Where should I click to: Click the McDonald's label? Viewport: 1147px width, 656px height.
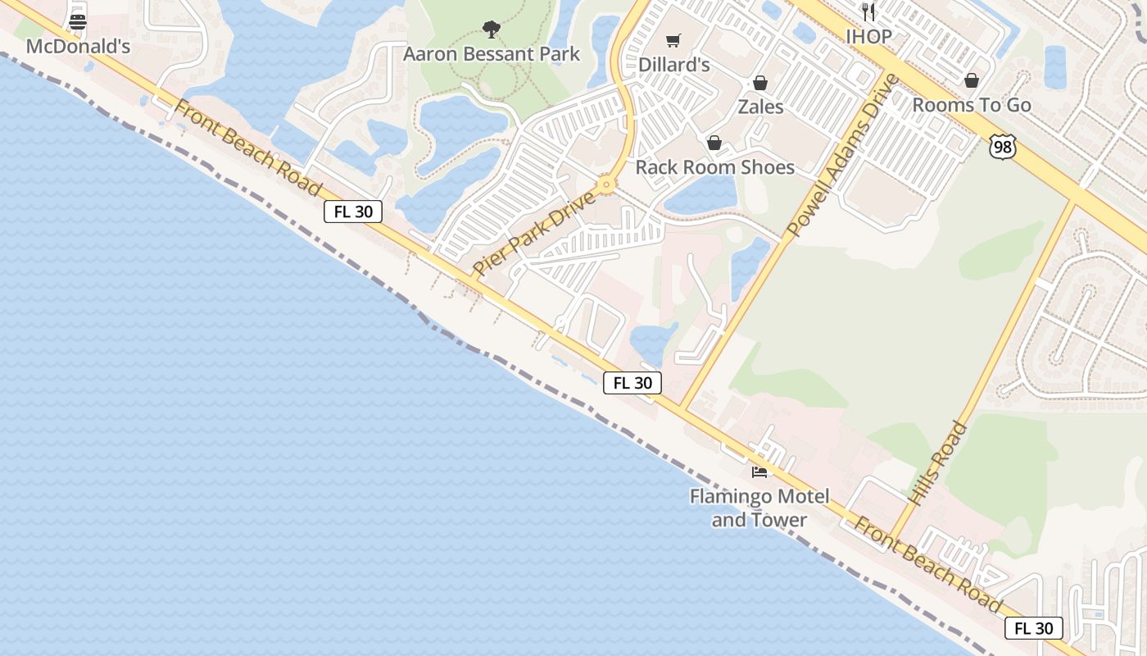tap(78, 46)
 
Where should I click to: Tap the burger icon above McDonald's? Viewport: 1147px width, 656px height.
tap(78, 22)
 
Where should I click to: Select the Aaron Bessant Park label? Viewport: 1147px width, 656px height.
tap(491, 54)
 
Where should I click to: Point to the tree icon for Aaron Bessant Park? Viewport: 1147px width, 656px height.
tap(491, 30)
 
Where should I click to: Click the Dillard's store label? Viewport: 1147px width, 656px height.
tap(673, 64)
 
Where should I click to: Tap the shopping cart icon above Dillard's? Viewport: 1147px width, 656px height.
tap(673, 40)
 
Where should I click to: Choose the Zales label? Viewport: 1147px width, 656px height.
tap(760, 107)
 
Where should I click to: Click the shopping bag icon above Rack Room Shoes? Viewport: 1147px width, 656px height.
tap(714, 143)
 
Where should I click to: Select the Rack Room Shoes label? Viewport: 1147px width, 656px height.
tap(714, 167)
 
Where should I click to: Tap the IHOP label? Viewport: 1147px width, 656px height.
tap(868, 36)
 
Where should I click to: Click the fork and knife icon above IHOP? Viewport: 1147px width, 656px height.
tap(868, 12)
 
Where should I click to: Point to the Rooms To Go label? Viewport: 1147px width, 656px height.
tap(971, 105)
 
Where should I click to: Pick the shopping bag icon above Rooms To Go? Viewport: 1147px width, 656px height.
tap(971, 80)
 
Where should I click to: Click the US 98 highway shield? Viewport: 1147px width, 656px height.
tap(1002, 147)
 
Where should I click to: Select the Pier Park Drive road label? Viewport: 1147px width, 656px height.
tap(533, 235)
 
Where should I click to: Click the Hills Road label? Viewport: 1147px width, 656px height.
tap(937, 462)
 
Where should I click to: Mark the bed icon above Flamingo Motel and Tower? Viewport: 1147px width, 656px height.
tap(759, 472)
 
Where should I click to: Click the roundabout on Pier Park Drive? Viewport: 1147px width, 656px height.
tap(606, 184)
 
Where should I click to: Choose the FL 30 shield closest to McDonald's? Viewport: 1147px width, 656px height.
tap(353, 212)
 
